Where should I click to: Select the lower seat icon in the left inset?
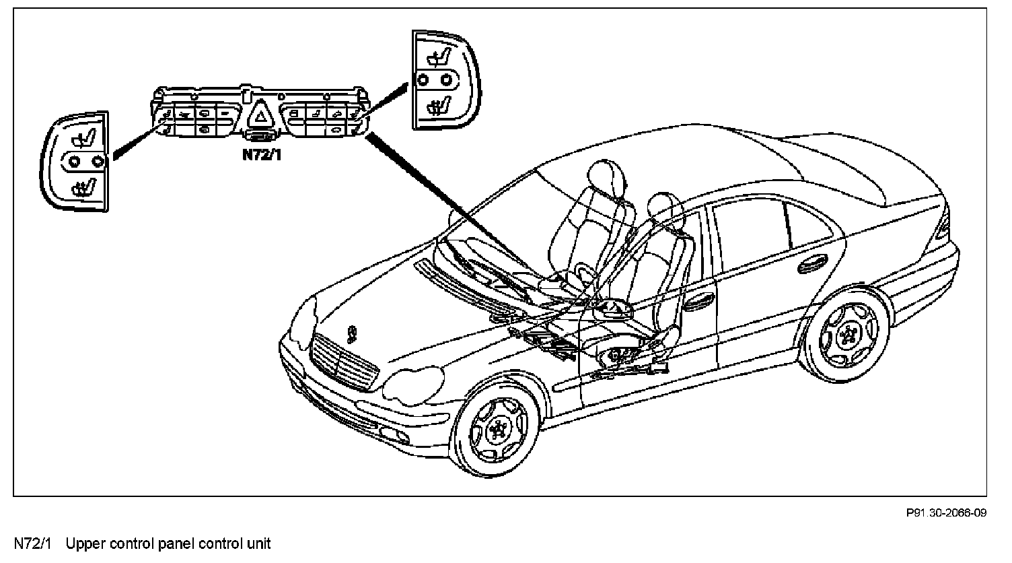(82, 184)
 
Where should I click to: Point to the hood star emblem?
(350, 332)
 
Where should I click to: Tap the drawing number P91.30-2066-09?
(946, 514)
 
